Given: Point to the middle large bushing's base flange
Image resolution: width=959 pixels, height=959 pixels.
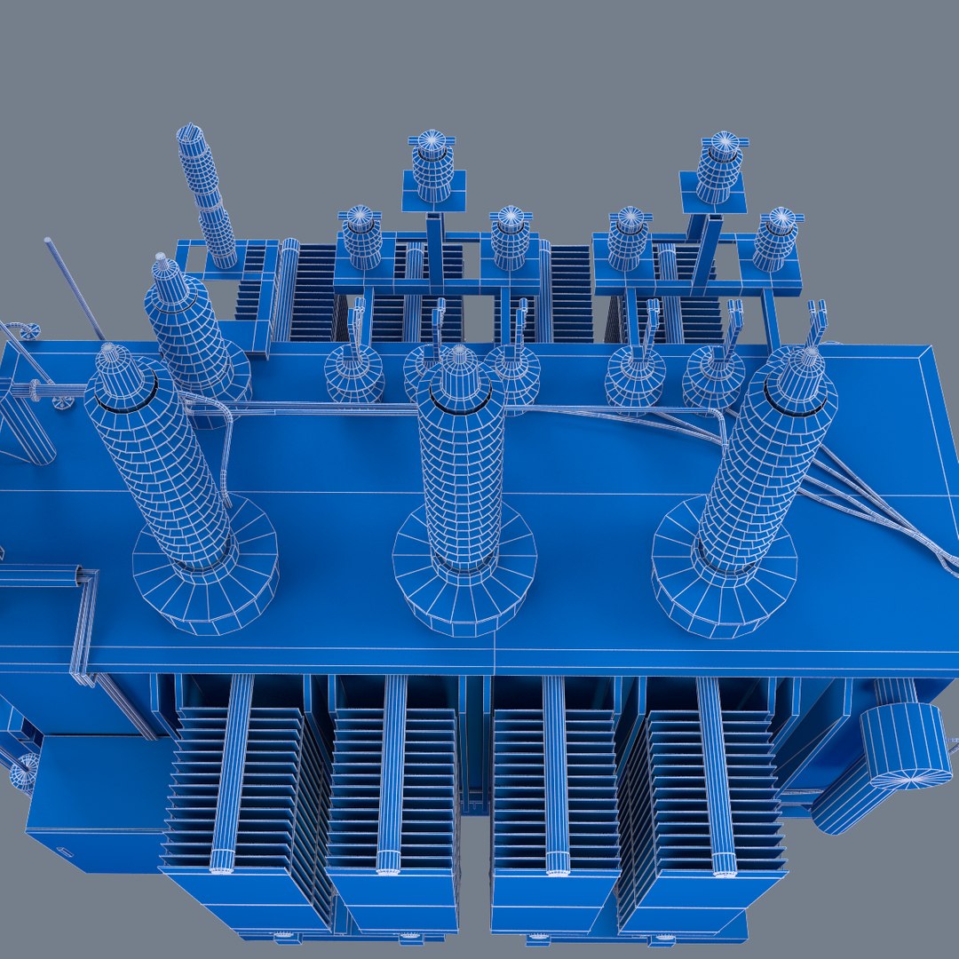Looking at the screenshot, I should click(464, 590).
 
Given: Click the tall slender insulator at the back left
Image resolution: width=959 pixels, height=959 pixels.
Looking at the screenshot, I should click(206, 195).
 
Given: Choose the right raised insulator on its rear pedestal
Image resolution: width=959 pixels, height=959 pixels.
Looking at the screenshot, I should click(719, 168).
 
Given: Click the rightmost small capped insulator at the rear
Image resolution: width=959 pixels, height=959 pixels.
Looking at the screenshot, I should click(776, 237).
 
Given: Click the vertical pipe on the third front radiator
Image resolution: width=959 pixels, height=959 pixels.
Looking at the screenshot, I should click(555, 773).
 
